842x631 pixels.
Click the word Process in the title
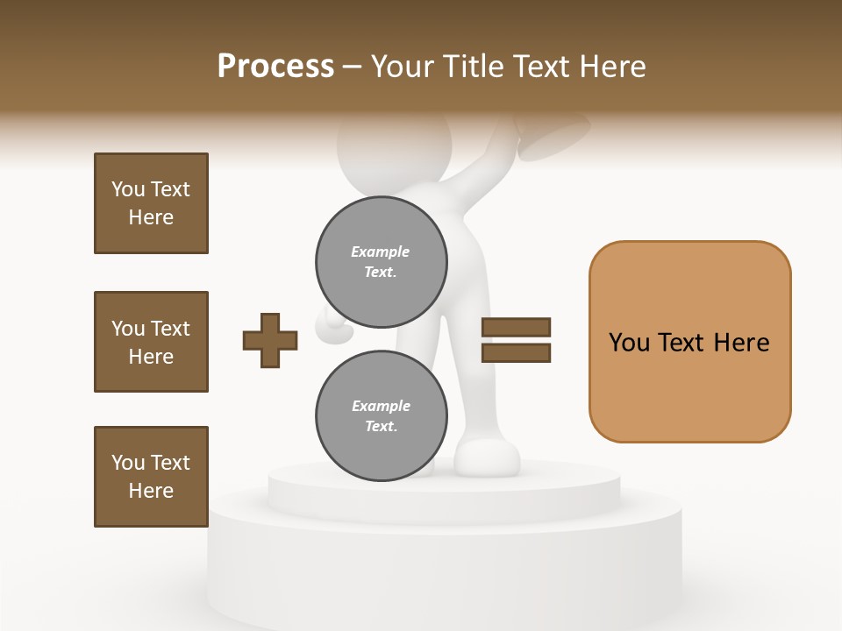(275, 67)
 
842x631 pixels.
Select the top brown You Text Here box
(151, 203)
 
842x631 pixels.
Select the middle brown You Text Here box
(151, 342)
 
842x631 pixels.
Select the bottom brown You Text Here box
(151, 477)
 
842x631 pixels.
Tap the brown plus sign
(270, 340)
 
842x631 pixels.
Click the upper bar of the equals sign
(517, 328)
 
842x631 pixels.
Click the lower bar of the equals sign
(517, 353)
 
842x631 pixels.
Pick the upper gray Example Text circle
(382, 261)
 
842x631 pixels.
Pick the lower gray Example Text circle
(382, 415)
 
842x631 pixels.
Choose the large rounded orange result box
(689, 342)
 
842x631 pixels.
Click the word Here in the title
(612, 67)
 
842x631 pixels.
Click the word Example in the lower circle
(381, 406)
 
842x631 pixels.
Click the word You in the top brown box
(127, 189)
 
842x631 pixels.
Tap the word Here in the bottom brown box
(151, 491)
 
